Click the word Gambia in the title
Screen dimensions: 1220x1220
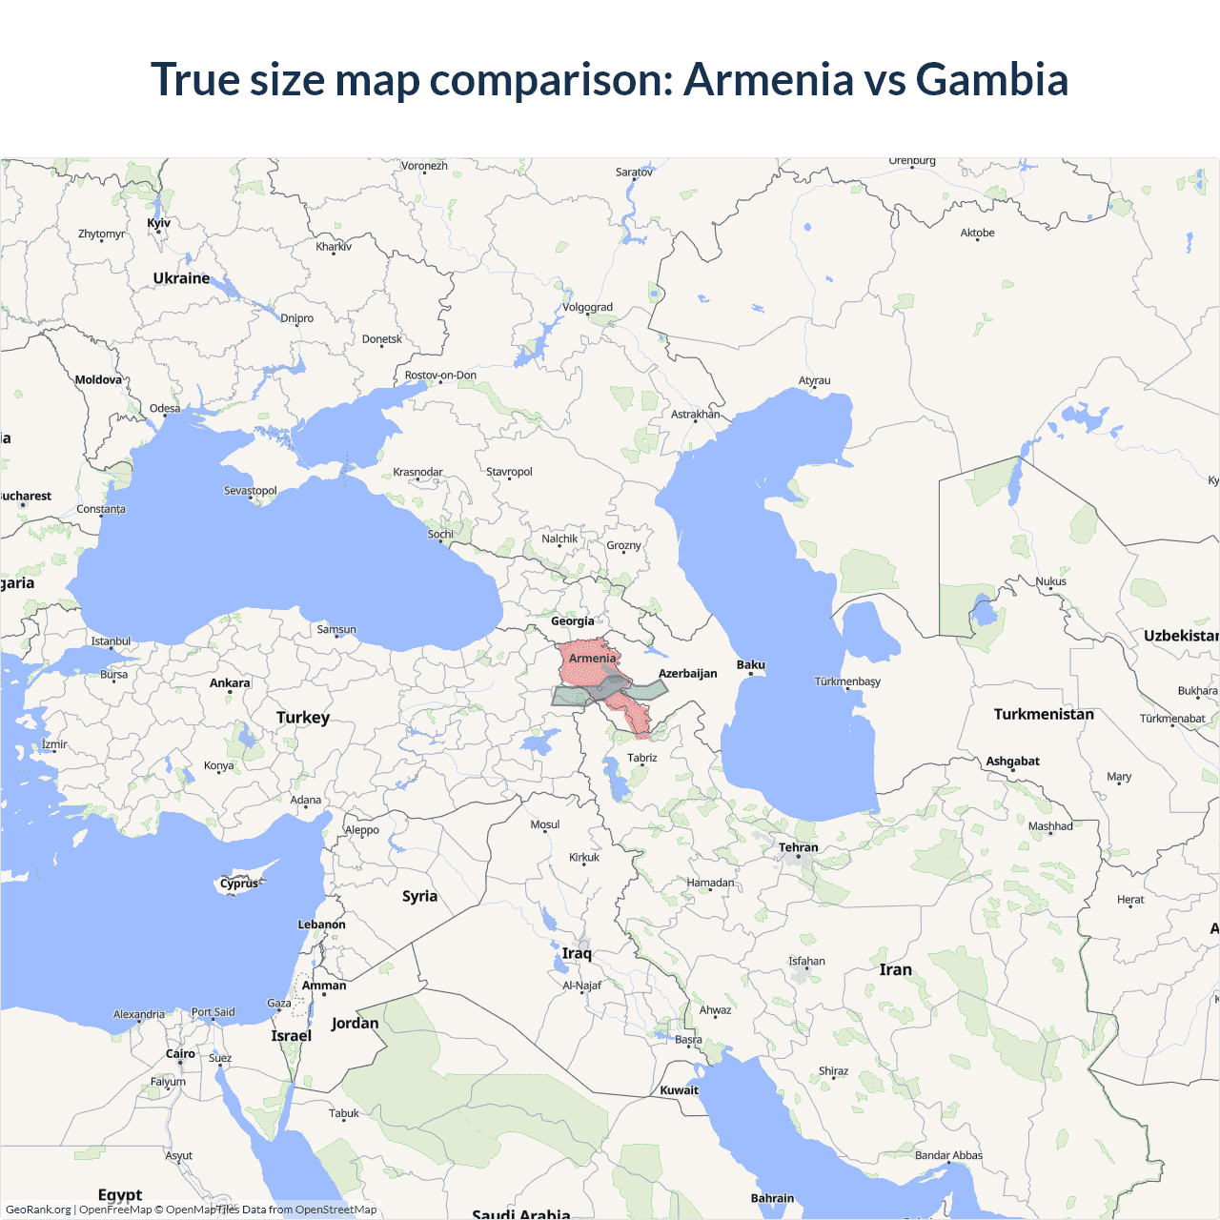pos(991,79)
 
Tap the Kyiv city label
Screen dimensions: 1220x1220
pos(158,223)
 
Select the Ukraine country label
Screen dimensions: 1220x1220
pos(181,278)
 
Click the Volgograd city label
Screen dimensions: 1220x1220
pos(587,307)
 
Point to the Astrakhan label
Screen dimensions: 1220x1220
pos(696,414)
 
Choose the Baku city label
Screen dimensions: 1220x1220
pos(751,664)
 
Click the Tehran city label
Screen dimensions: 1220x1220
pos(799,847)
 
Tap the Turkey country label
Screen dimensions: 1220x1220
pos(303,718)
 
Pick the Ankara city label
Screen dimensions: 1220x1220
pos(230,682)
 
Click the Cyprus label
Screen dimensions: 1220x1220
pos(238,884)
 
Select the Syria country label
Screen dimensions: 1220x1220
pos(419,896)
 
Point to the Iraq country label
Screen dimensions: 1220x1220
pos(577,953)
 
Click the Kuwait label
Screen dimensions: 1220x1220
pos(680,1090)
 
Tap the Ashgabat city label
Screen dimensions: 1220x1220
pos(1012,761)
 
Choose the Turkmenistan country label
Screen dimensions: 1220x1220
pos(1044,714)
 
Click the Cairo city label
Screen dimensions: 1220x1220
pos(180,1053)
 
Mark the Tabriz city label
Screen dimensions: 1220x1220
pos(642,758)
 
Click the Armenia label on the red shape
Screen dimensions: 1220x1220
pos(593,658)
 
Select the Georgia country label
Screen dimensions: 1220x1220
pos(573,621)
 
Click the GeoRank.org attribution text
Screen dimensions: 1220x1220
pos(38,1210)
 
